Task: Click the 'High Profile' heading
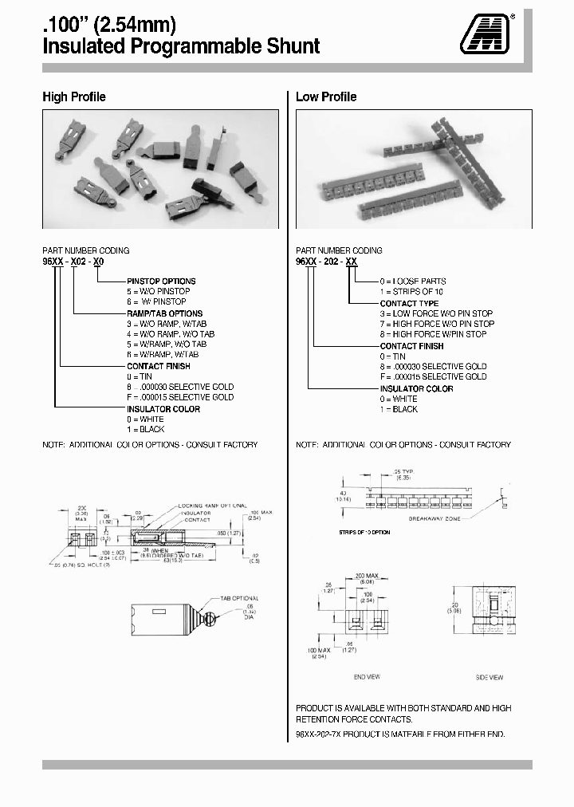click(x=73, y=97)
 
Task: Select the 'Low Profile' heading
click(x=326, y=97)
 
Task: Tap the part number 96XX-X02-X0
click(x=73, y=261)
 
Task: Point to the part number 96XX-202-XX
click(x=327, y=261)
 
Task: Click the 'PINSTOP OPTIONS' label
click(x=161, y=281)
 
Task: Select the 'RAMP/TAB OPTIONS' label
click(x=165, y=313)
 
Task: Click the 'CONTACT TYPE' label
click(x=409, y=303)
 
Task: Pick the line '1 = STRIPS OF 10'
click(x=413, y=292)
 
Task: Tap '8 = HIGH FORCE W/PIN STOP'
click(x=437, y=334)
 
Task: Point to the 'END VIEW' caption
click(x=367, y=677)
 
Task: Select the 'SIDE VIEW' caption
click(x=489, y=677)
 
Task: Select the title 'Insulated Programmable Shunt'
click(x=181, y=46)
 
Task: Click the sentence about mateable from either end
click(x=400, y=734)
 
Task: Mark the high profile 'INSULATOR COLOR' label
click(x=162, y=408)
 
